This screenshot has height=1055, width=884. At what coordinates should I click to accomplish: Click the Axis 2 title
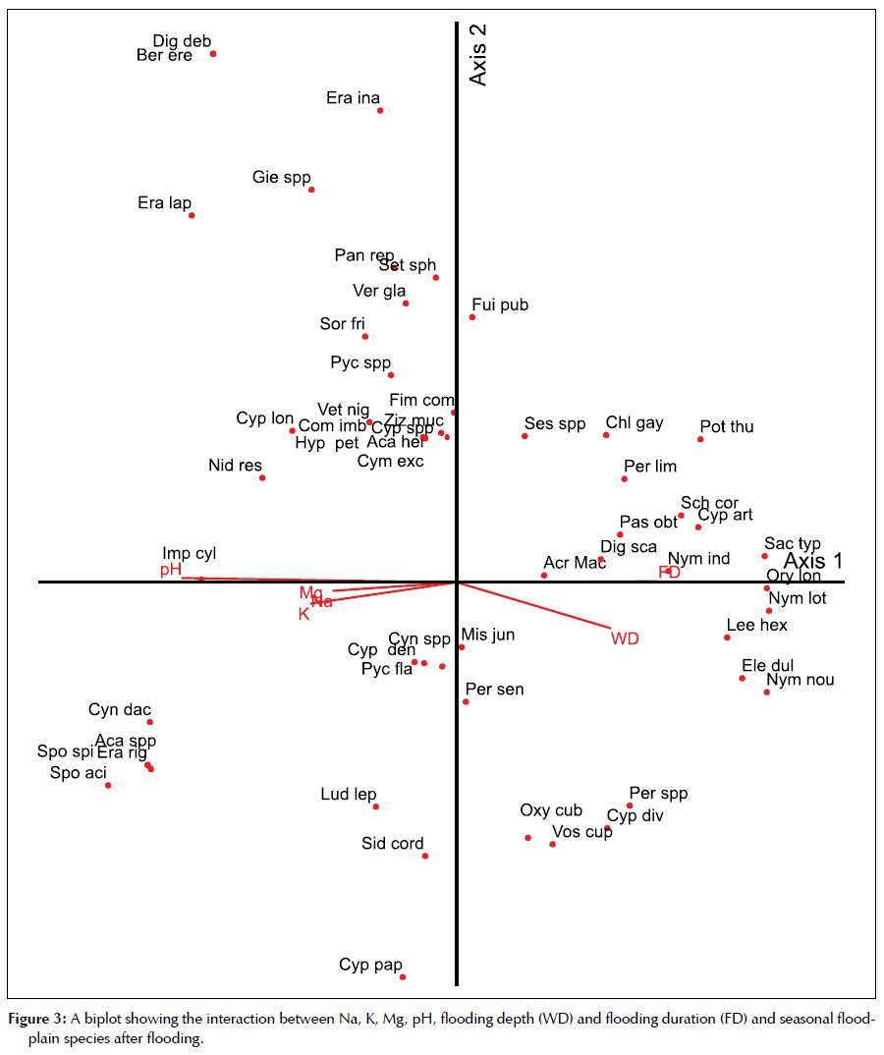(478, 55)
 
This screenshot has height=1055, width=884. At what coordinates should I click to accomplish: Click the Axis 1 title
(812, 561)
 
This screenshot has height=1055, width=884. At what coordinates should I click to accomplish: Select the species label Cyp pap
(370, 965)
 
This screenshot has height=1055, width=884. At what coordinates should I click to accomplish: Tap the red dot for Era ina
(380, 110)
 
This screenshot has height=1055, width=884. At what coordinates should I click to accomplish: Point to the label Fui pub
(500, 305)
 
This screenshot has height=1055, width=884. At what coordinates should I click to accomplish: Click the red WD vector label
(625, 639)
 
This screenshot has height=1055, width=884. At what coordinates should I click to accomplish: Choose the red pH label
(172, 570)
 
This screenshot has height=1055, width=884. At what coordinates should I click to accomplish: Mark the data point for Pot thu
(700, 439)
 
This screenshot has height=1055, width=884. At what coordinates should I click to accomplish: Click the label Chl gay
(635, 423)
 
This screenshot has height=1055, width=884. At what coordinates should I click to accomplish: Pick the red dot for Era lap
(192, 215)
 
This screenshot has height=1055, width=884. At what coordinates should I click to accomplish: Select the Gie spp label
(281, 178)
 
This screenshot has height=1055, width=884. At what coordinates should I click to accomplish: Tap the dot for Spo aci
(108, 785)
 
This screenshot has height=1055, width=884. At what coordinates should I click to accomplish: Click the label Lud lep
(349, 795)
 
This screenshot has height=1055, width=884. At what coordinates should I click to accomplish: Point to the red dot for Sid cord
(425, 856)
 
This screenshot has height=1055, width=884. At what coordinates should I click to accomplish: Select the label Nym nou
(801, 679)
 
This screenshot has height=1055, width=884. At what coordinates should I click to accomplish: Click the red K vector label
(304, 614)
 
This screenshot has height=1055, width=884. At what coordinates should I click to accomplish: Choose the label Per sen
(495, 690)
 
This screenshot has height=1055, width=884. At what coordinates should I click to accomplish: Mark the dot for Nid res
(262, 477)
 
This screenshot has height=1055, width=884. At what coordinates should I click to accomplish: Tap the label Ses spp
(555, 424)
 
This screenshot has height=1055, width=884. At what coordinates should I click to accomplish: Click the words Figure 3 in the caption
(36, 1020)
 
